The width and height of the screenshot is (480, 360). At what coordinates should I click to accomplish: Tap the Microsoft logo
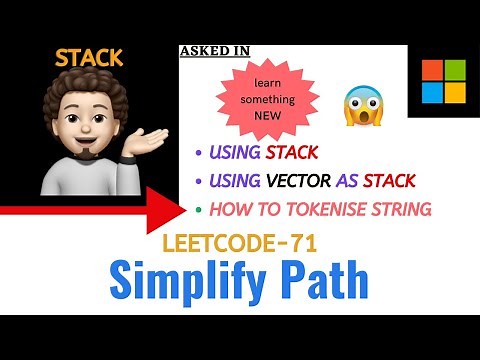(x=443, y=80)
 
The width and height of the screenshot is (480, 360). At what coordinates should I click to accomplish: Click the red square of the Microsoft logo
(x=432, y=69)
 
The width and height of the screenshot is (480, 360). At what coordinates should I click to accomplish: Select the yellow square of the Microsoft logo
(x=455, y=92)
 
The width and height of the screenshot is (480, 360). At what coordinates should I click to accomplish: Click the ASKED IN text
(x=215, y=50)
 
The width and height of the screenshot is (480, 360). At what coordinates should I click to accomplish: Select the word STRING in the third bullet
(x=400, y=209)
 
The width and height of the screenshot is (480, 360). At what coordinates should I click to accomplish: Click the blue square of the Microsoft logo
(x=432, y=92)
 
